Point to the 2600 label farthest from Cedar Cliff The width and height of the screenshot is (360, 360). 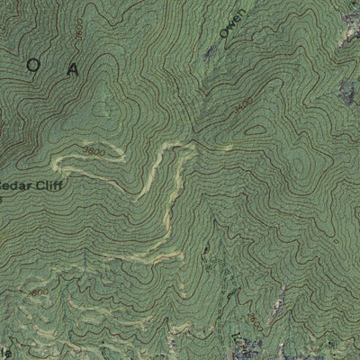point(257,319)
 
